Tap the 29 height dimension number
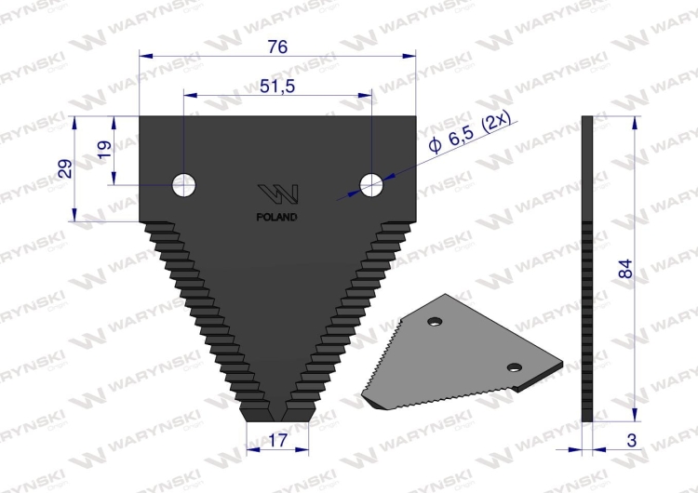(65, 168)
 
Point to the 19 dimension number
(103, 150)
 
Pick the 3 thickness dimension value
(633, 439)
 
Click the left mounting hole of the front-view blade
(183, 185)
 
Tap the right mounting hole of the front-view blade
(372, 185)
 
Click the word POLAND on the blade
(277, 218)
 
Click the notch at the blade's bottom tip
(277, 409)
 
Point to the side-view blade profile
(586, 270)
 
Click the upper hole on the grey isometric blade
(434, 322)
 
